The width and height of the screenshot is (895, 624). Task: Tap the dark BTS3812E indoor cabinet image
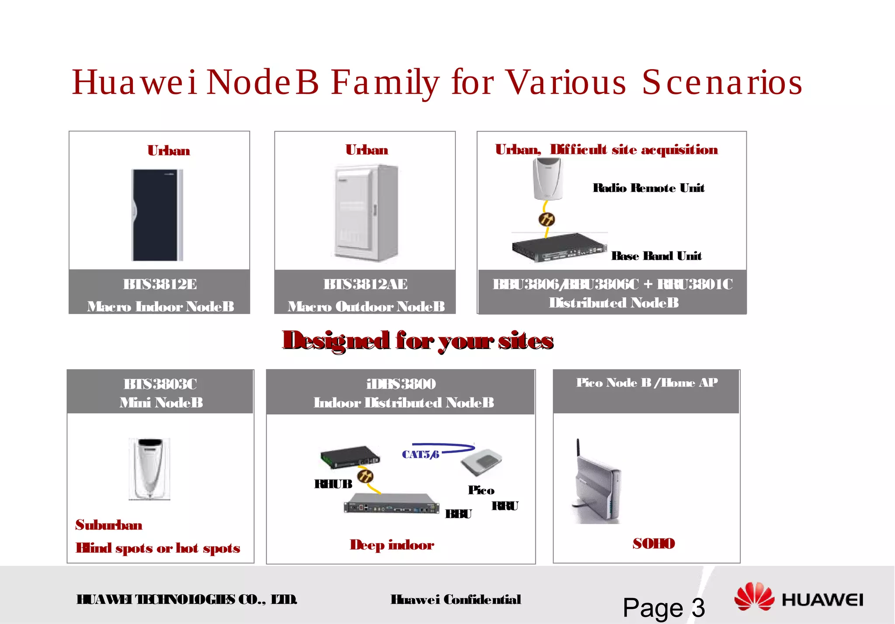tap(157, 215)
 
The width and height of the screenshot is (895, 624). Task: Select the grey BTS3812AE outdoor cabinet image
tap(366, 213)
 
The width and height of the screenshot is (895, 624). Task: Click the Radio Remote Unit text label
tap(648, 188)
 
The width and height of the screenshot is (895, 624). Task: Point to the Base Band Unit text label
tap(656, 256)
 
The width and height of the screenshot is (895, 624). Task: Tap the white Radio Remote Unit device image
tap(547, 179)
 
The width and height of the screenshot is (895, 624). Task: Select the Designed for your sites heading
tap(418, 341)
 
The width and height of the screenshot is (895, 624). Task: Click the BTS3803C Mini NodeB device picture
tap(149, 469)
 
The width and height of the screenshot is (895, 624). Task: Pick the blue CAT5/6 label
tap(420, 455)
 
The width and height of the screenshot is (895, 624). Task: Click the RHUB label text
tap(333, 484)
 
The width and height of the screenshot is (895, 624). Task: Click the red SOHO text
tap(654, 544)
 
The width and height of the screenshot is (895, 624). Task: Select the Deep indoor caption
tap(392, 545)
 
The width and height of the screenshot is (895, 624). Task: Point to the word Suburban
tap(109, 525)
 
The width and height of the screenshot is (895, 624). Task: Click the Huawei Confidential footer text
tap(455, 600)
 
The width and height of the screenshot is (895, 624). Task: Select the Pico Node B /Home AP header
tap(647, 383)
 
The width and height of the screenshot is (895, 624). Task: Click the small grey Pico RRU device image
tap(482, 463)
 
